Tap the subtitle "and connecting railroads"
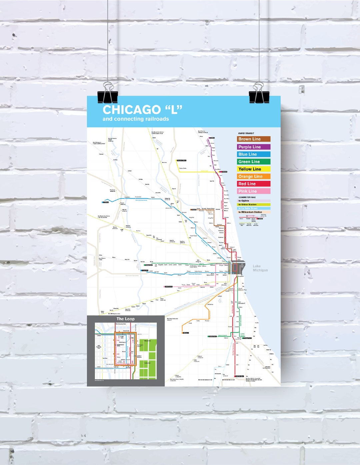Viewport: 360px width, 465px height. tap(136, 119)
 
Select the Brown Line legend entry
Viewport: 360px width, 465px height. tap(254, 139)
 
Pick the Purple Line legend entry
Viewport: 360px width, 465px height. tap(254, 147)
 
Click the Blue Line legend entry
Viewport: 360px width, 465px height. tap(254, 154)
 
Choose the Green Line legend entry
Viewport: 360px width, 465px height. tap(254, 161)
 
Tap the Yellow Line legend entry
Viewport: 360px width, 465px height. tap(254, 169)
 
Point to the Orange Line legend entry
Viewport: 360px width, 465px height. tap(254, 176)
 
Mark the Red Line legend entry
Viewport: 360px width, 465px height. tap(254, 184)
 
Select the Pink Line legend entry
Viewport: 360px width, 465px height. tap(254, 191)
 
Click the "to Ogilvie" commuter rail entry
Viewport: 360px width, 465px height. tap(254, 201)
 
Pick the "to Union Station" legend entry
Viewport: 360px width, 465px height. tap(254, 204)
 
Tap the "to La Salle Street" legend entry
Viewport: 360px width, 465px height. tap(254, 208)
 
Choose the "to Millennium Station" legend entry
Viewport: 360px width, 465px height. tap(254, 212)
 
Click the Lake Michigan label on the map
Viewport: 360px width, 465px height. tap(260, 268)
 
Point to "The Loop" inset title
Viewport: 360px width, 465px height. tap(126, 319)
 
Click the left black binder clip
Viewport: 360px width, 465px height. tap(107, 93)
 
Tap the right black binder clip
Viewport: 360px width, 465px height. tap(259, 93)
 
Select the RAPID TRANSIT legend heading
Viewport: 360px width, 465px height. tap(246, 133)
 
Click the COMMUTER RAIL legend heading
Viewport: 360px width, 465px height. tap(247, 197)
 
